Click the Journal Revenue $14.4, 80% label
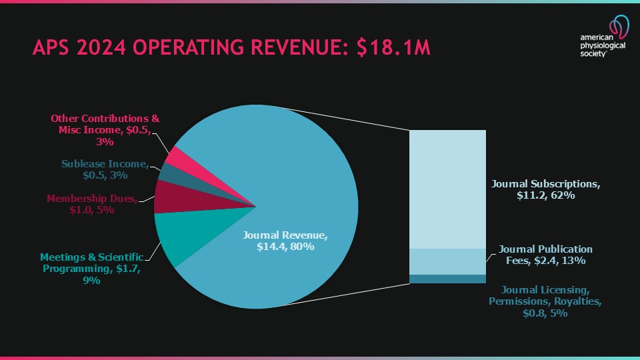(285, 241)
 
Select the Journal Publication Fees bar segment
(447, 261)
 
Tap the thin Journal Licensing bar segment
(447, 279)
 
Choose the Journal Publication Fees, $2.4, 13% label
(545, 255)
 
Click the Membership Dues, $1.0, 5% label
(91, 204)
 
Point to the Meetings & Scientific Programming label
(91, 268)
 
